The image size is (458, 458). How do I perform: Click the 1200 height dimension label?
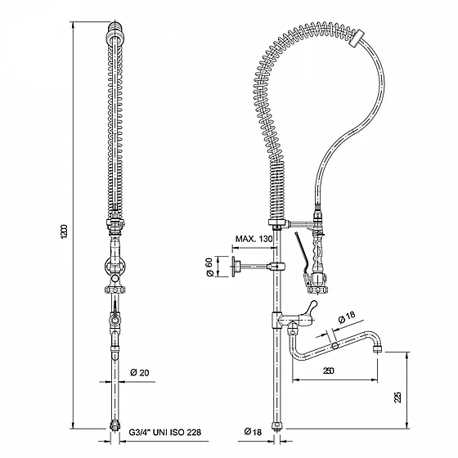click(65, 231)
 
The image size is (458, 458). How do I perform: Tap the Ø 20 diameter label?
click(140, 372)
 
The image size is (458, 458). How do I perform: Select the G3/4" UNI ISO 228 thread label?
click(165, 432)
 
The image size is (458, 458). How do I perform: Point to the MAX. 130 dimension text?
click(254, 239)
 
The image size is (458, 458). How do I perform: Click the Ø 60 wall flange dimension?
click(209, 267)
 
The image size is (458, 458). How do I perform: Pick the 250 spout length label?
click(329, 370)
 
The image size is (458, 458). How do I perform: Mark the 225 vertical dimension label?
click(397, 397)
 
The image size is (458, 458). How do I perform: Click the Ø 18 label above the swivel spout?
click(347, 317)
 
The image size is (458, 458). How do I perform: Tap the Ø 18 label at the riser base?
click(253, 432)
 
